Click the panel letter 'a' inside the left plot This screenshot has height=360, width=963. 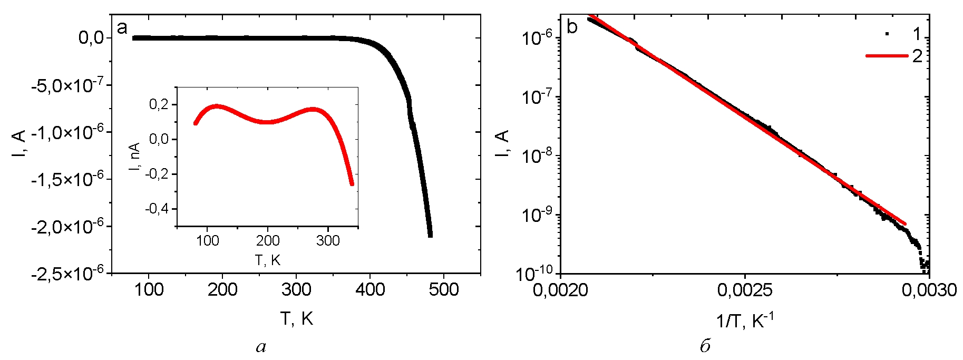122,27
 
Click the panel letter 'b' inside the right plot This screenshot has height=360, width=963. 572,26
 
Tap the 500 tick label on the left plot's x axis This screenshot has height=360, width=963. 443,289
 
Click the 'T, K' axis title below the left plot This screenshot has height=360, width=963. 296,318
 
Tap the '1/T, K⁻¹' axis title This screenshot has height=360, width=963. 744,320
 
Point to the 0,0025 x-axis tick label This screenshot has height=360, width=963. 744,289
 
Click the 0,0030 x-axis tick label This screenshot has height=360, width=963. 929,289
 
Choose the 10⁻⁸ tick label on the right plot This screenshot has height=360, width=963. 537,155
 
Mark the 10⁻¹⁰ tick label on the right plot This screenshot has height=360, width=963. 537,273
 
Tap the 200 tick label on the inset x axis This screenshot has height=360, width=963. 268,241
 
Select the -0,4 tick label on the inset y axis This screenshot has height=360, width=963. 157,209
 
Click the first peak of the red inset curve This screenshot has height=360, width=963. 216,106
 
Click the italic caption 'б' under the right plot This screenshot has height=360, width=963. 705,346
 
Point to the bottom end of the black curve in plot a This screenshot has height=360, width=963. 430,235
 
